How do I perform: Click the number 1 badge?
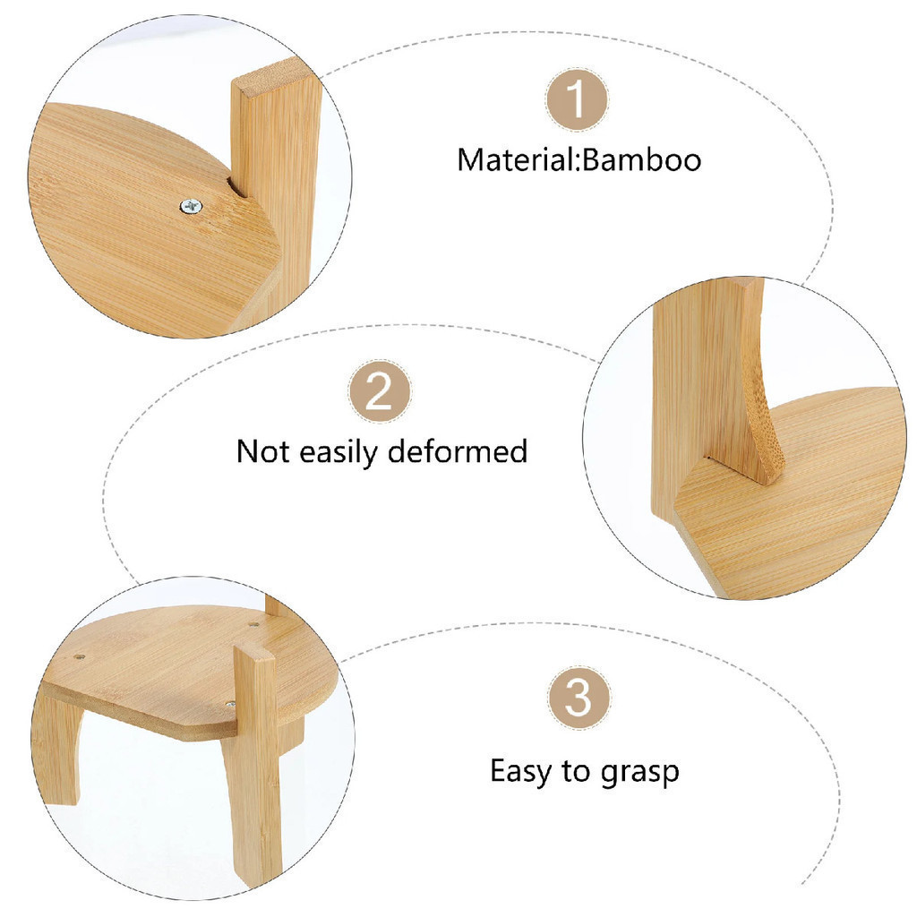pyautogui.click(x=578, y=99)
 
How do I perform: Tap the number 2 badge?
pyautogui.click(x=380, y=391)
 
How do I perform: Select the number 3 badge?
pyautogui.click(x=578, y=697)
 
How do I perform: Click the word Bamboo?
pyautogui.click(x=642, y=160)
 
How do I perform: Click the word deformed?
pyautogui.click(x=458, y=451)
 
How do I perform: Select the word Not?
pyautogui.click(x=262, y=451)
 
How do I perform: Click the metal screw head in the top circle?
pyautogui.click(x=192, y=207)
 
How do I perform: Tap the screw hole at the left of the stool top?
pyautogui.click(x=80, y=656)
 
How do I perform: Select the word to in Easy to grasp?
pyautogui.click(x=577, y=772)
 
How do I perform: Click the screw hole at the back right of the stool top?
pyautogui.click(x=253, y=624)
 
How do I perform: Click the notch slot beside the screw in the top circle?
pyautogui.click(x=234, y=187)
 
